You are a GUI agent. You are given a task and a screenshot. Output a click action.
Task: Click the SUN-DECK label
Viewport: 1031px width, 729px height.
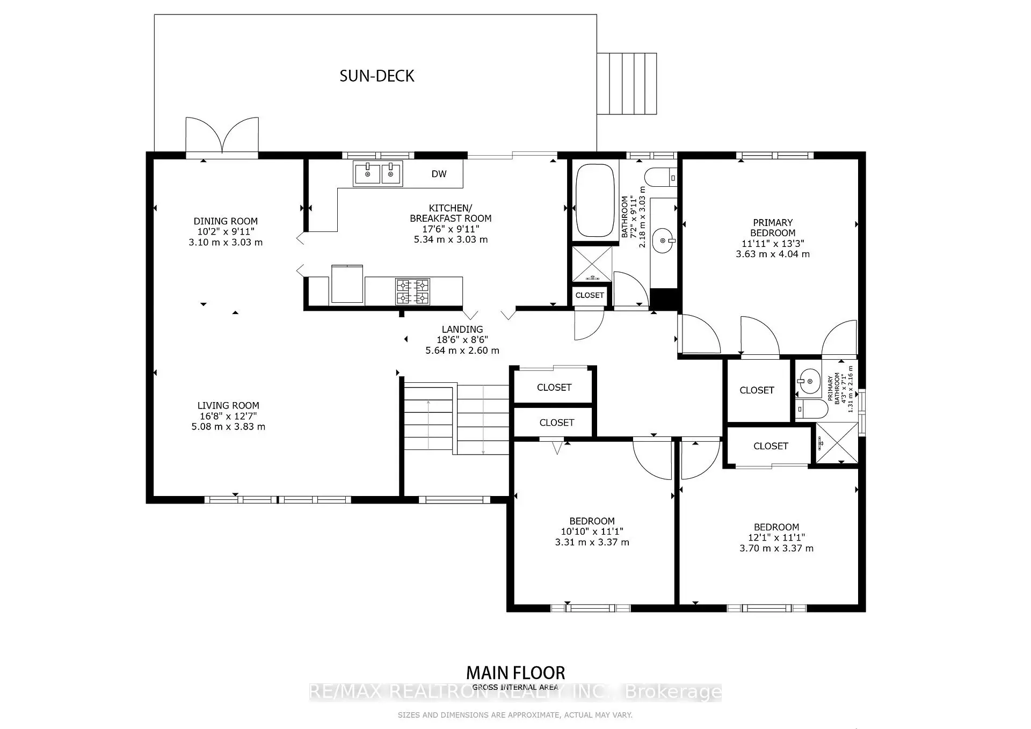[376, 76]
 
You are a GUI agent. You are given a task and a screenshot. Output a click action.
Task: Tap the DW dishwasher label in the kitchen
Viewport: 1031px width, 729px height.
[439, 174]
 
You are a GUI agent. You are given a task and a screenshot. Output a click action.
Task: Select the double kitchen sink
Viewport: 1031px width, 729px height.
[377, 174]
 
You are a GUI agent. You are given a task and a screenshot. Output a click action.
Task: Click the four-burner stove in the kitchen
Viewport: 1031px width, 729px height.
[412, 291]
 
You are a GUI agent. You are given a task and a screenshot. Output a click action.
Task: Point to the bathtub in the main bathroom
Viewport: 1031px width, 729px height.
[594, 201]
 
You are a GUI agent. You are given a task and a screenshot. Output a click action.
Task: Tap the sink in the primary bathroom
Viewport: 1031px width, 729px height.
[808, 381]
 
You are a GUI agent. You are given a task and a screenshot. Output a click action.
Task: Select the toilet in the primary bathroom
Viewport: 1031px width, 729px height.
[811, 409]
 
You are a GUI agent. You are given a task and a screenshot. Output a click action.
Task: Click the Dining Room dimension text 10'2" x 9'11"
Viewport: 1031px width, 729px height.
[226, 232]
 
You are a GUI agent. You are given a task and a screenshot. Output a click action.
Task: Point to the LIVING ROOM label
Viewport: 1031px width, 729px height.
[228, 406]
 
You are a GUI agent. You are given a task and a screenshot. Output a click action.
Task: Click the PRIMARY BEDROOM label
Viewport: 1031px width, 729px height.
[772, 228]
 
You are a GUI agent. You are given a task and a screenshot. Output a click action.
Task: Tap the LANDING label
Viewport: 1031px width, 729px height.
[462, 330]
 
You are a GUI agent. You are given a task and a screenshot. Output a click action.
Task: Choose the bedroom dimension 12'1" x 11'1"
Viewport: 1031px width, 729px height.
[776, 538]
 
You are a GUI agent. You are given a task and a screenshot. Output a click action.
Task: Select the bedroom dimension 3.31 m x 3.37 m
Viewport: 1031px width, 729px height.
[592, 542]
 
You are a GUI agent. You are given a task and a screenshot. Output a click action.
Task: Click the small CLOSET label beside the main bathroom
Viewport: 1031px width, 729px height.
[589, 295]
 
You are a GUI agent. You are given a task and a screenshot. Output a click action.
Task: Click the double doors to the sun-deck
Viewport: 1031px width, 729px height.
[222, 137]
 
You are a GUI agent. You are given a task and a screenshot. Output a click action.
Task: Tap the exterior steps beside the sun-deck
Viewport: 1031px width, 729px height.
[627, 83]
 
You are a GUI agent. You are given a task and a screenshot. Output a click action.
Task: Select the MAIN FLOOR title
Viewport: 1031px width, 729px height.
[515, 673]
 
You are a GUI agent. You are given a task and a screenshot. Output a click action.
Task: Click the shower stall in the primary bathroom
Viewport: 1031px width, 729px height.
[837, 443]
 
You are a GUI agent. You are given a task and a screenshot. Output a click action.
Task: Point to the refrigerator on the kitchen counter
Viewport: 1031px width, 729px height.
[347, 284]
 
